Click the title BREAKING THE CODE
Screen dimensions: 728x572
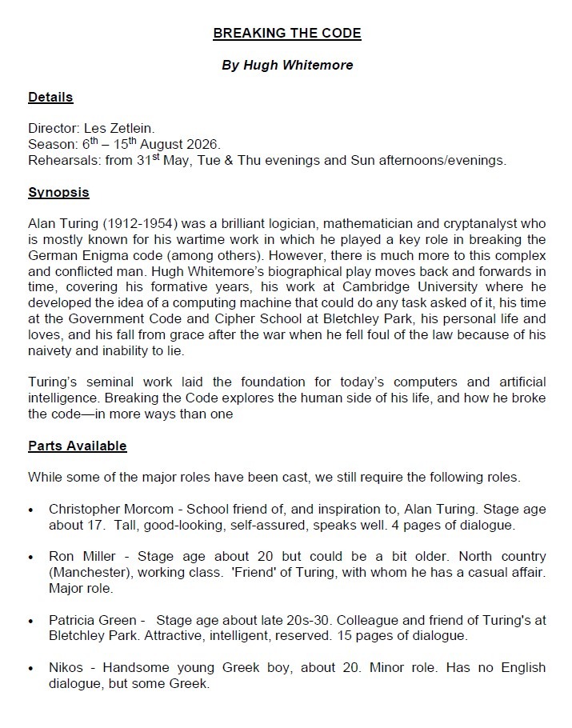pos(286,34)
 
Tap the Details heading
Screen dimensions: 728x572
pos(50,98)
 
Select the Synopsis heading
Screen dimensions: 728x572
pos(58,193)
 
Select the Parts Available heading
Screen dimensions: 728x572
pos(78,446)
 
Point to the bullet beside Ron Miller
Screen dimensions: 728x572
pos(31,557)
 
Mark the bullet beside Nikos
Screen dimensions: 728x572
pos(31,668)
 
